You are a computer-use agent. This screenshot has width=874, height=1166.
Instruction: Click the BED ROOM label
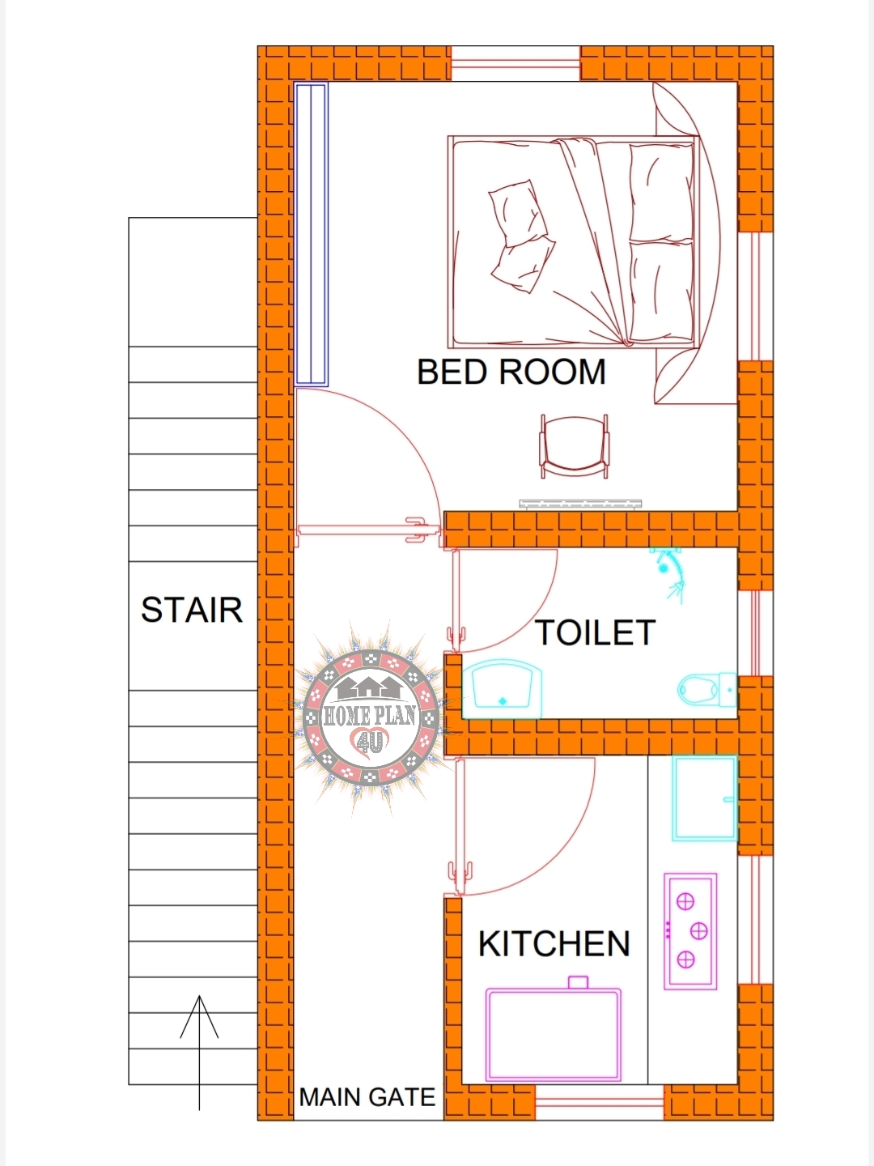(511, 372)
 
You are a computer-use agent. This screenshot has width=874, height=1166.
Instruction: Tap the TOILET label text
(595, 633)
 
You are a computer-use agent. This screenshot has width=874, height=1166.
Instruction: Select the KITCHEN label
(554, 944)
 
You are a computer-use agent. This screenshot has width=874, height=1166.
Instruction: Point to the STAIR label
(192, 611)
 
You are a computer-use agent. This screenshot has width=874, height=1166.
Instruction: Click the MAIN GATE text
(367, 1097)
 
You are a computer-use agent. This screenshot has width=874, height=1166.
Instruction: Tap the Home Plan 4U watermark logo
(371, 717)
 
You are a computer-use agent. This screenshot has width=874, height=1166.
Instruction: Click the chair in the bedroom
(574, 445)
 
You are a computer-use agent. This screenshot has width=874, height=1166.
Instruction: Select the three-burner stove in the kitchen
(690, 931)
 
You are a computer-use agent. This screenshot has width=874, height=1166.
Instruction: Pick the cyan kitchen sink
(704, 798)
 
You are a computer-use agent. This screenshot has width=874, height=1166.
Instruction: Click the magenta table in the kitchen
(554, 1033)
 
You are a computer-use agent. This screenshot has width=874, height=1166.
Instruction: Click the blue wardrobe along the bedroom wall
(311, 234)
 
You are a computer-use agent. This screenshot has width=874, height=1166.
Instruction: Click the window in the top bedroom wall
(515, 64)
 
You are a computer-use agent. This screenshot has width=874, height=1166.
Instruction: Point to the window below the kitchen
(600, 1104)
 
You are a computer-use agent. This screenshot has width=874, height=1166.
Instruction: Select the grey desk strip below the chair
(580, 504)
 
